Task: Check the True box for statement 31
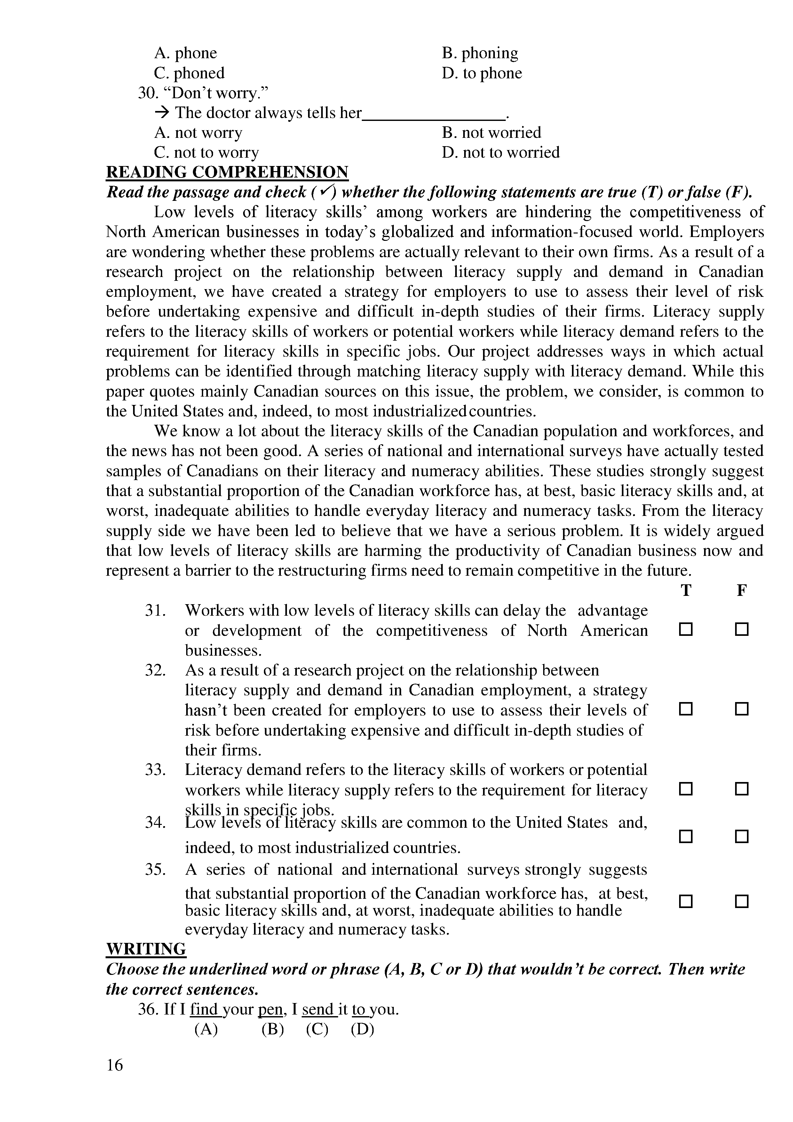click(686, 630)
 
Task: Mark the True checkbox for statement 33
click(686, 789)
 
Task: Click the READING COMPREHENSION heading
click(227, 172)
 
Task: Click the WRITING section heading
click(146, 949)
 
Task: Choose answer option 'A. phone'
click(185, 53)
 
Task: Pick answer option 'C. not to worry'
click(206, 153)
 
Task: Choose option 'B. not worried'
click(492, 132)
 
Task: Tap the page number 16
click(115, 1064)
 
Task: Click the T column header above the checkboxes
click(686, 590)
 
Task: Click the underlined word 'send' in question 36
click(318, 1009)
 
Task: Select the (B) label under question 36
click(273, 1029)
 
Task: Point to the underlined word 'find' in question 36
click(204, 1009)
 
